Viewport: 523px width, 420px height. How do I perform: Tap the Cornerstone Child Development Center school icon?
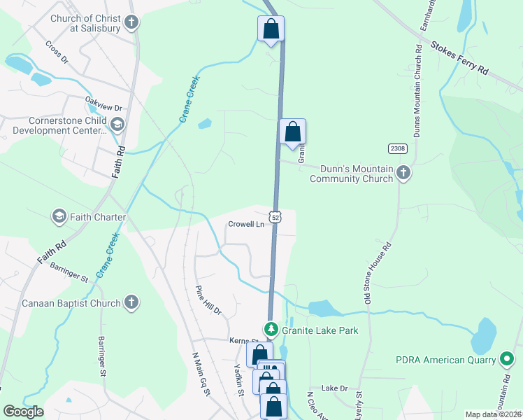point(117,125)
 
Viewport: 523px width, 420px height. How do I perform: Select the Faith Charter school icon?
point(59,217)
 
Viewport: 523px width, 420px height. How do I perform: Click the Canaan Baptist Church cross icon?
point(130,303)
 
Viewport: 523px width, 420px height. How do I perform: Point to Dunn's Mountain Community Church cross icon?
point(403,173)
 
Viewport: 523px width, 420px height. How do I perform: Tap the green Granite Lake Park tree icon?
point(271,328)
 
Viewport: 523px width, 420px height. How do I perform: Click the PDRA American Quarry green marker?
point(507,360)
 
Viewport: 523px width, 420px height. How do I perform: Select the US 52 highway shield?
point(277,217)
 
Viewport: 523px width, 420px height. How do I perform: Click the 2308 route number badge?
point(398,148)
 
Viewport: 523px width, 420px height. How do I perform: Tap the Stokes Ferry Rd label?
point(459,58)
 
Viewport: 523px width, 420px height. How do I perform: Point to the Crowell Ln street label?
point(246,225)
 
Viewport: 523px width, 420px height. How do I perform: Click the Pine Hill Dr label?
point(208,300)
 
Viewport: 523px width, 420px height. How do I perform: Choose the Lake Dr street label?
point(334,388)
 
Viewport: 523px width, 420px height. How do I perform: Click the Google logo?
point(23,412)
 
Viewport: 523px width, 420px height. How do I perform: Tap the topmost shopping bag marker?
point(271,29)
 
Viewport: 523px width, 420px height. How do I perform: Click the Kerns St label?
point(240,340)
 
